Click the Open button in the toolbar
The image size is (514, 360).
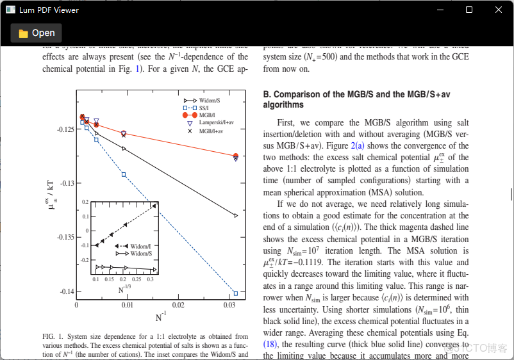coord(37,33)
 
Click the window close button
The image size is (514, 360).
coord(499,10)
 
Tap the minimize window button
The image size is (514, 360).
coord(440,10)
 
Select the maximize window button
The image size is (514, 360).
coord(469,10)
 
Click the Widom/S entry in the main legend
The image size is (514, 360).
coord(209,101)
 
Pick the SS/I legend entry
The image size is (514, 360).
coord(205,108)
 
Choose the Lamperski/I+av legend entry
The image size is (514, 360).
coord(215,122)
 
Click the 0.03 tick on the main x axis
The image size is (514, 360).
coord(230,306)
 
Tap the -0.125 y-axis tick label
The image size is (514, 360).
coord(62,129)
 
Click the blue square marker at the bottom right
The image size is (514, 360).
coord(236,293)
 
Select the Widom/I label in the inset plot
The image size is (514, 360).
coord(140,246)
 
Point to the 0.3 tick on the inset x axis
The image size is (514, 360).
coord(150,280)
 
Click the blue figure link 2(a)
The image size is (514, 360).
coord(358,146)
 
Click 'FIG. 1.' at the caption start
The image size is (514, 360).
coord(53,336)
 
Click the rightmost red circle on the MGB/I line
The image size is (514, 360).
coord(236,156)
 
